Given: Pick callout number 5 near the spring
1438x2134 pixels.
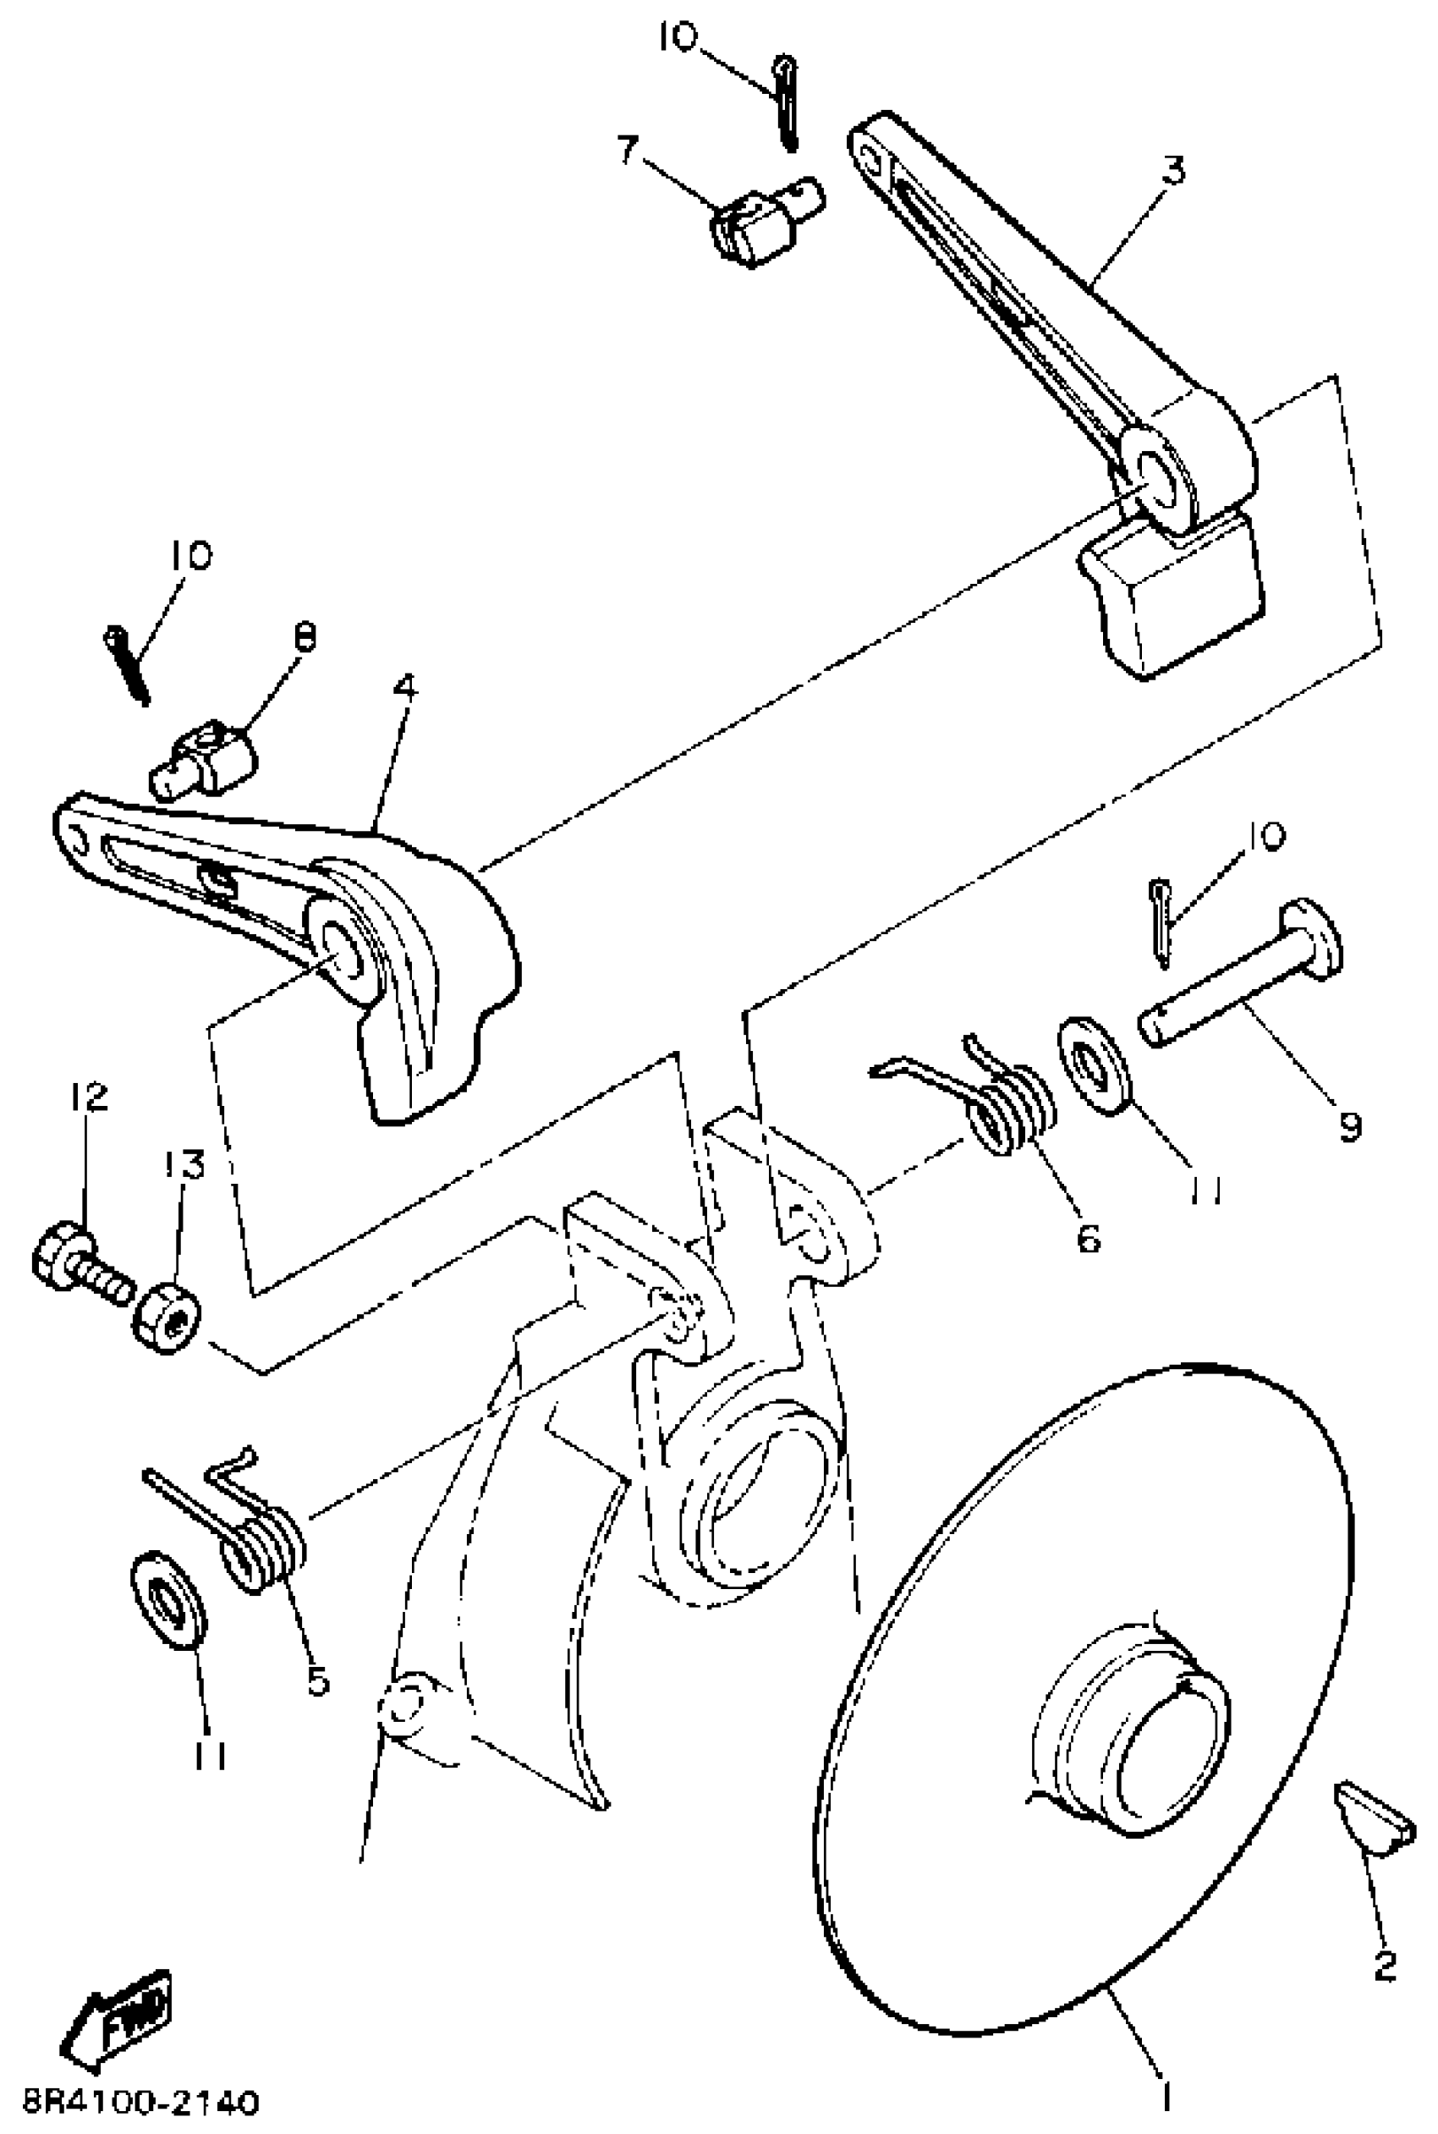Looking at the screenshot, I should (316, 1681).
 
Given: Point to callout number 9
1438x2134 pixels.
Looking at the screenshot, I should (1349, 1126).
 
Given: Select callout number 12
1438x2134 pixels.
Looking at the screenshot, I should (87, 1097).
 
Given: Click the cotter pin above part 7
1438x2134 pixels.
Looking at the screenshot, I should (787, 101).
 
